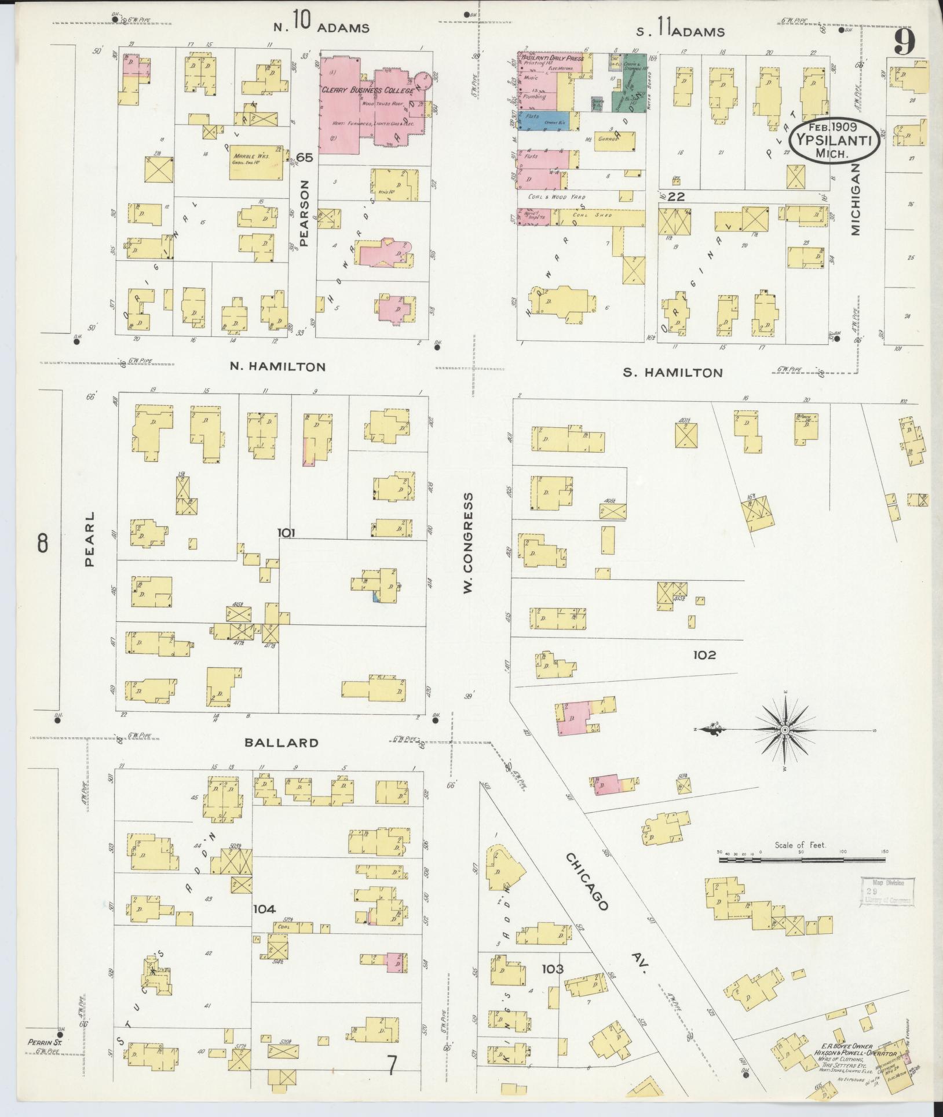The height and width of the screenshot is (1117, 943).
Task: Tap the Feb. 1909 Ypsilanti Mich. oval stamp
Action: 834,140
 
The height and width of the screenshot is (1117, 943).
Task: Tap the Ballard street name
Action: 281,743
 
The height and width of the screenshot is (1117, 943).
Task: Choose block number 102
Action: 704,655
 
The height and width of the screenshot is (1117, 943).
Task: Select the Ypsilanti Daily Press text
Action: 551,59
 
